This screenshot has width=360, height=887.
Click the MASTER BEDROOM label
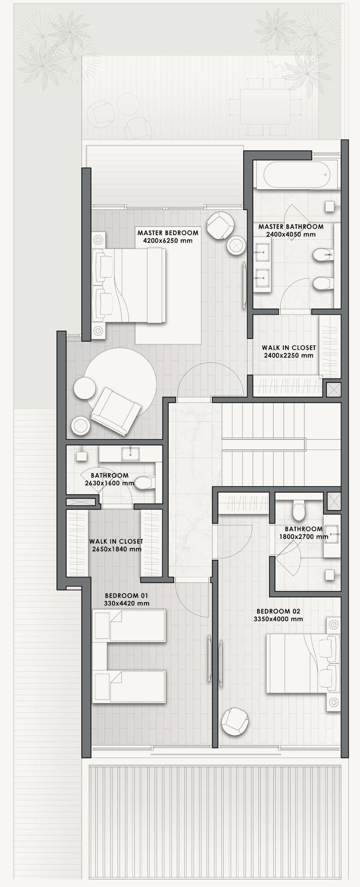coord(168,233)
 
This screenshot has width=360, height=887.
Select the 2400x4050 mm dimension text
coord(291,235)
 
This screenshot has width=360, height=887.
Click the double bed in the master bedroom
coord(129,286)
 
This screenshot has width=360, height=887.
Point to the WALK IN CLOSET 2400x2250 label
coord(289,351)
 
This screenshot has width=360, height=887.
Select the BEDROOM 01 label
coord(126,605)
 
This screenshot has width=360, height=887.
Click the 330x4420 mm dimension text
coord(126,613)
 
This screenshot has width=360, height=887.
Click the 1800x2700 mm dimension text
coord(304,546)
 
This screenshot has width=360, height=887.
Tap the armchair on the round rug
coord(116,411)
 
